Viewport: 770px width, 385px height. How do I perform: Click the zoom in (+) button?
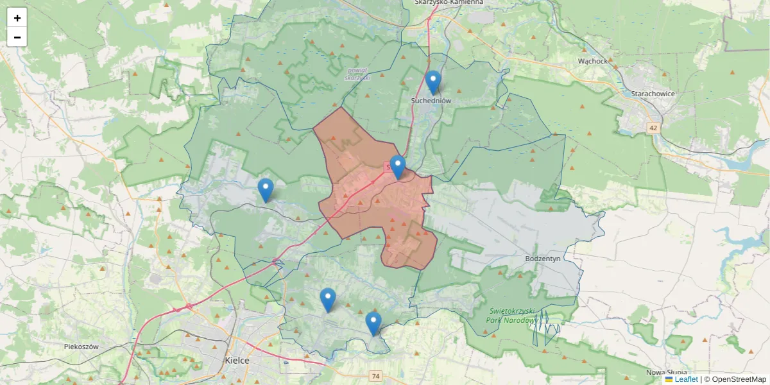[x=17, y=18]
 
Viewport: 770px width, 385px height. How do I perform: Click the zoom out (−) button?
[x=17, y=37]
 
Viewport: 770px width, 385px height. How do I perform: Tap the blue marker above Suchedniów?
[x=434, y=82]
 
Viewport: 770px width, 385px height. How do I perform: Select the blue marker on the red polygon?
[x=398, y=167]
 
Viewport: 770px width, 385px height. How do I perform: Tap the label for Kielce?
[x=237, y=360]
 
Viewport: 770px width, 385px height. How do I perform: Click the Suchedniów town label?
[x=432, y=101]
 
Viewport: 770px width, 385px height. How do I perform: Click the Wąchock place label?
[x=592, y=61]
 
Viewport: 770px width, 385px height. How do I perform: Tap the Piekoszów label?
[x=81, y=346]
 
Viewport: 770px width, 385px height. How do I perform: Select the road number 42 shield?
[x=653, y=128]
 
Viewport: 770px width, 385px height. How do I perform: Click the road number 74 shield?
[x=376, y=375]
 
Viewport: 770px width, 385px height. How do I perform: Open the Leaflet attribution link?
[x=686, y=379]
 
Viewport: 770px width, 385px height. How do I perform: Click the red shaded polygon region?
[x=372, y=212]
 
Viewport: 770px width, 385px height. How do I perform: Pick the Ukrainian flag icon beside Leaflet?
[x=669, y=379]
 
